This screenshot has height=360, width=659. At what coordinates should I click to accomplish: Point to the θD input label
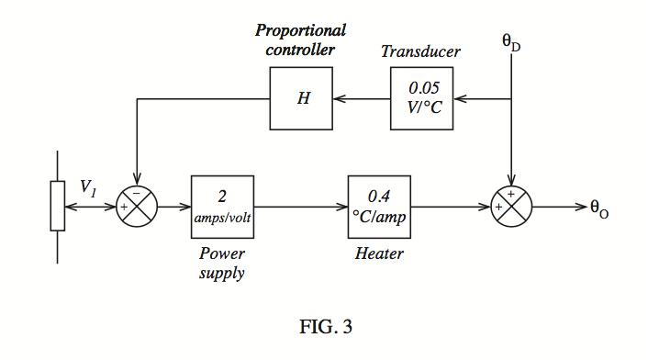[511, 42]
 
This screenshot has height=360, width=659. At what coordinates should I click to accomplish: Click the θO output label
[599, 208]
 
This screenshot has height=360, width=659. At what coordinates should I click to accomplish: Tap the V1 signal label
[88, 187]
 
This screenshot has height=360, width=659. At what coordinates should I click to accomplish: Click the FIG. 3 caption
[326, 326]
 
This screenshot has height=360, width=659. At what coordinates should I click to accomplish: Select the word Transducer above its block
[420, 51]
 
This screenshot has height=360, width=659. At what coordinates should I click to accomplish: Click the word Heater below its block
[379, 253]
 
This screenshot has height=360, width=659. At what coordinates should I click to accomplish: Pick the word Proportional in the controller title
[300, 31]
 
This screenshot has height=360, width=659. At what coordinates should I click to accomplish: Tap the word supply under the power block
[221, 274]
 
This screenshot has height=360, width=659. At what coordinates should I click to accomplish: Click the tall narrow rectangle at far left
[58, 206]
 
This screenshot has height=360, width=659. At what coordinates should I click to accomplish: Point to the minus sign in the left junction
[136, 193]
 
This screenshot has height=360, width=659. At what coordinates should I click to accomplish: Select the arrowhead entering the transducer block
[460, 99]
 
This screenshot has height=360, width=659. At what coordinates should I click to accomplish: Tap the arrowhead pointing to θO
[581, 207]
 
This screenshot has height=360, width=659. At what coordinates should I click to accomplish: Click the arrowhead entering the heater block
[341, 207]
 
